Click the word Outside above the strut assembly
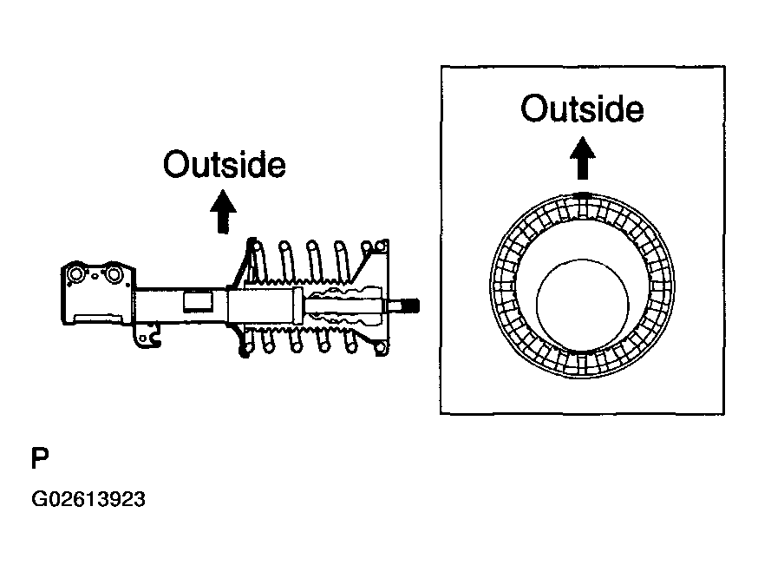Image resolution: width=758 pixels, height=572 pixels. coord(225,165)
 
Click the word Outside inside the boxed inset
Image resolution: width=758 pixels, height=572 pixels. coord(582,108)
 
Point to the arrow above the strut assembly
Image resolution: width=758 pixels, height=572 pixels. coord(223,211)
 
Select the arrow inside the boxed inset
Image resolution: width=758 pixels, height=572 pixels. coord(583,158)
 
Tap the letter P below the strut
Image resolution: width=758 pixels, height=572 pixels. coord(40,458)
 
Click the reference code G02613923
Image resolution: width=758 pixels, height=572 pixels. coord(88,499)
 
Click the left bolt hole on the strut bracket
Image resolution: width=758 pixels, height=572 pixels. coord(76,275)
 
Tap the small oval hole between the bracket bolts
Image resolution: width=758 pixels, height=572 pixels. coord(95,277)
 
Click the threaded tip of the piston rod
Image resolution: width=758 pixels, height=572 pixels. coord(411,306)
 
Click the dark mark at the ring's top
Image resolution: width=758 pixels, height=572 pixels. coord(583,195)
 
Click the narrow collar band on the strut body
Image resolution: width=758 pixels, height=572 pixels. coord(297,306)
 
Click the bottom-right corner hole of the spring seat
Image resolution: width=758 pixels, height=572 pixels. coord(381,347)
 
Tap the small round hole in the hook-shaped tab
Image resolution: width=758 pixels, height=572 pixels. coord(142,339)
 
